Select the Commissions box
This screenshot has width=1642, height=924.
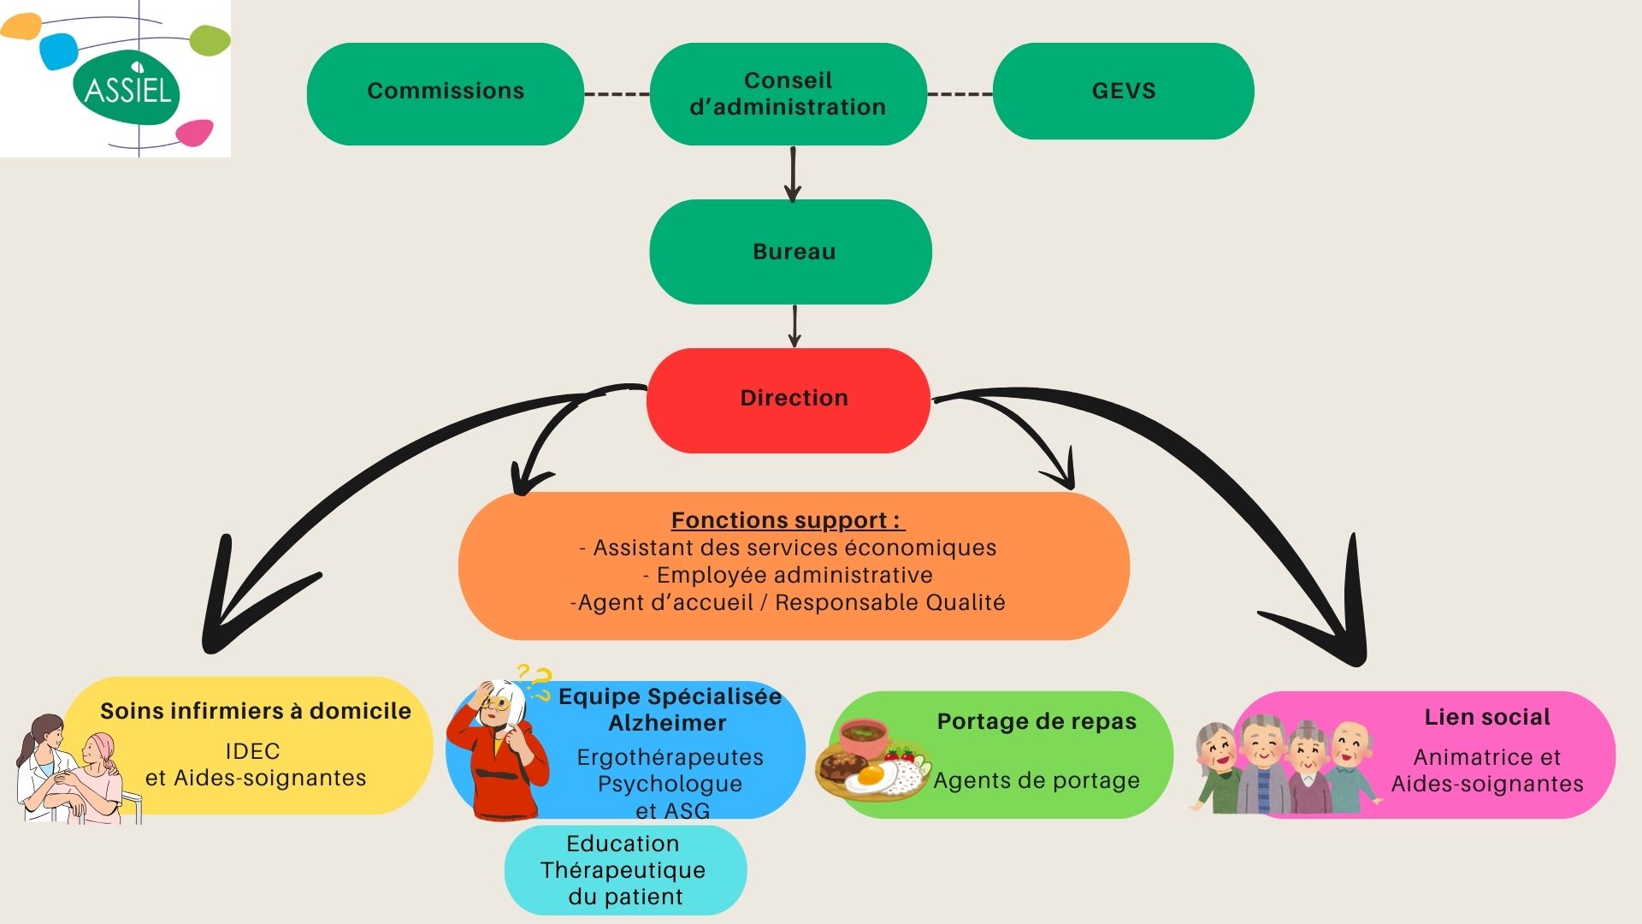[x=445, y=92]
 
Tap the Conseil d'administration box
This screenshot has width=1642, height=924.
[x=788, y=93]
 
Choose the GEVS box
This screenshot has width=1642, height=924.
[x=1123, y=92]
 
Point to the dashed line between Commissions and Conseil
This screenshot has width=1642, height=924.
[x=617, y=93]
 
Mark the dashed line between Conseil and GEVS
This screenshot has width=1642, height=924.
[x=960, y=93]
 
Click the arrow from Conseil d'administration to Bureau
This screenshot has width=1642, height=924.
[x=793, y=174]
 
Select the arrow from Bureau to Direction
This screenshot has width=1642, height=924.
[x=794, y=326]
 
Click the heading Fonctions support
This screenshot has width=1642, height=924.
[x=785, y=520]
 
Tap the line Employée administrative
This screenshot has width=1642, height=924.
[x=788, y=575]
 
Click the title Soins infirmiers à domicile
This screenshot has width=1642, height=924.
[x=255, y=711]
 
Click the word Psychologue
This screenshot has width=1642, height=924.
[x=670, y=784]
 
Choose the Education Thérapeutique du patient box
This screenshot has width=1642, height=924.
[x=624, y=870]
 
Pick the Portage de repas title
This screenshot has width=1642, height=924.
[x=1037, y=721]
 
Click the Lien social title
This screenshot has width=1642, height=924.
[x=1486, y=717]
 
